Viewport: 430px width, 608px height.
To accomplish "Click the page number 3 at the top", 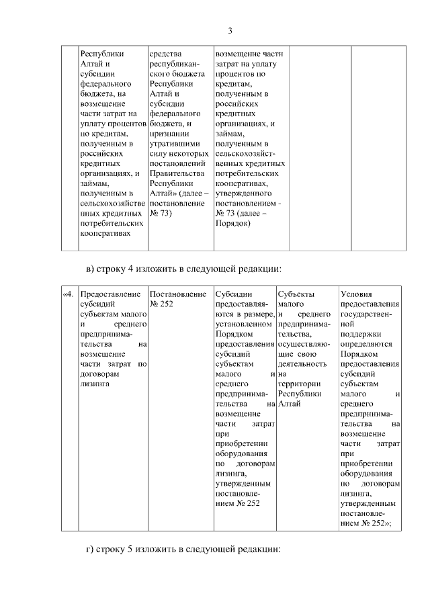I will point(230,30).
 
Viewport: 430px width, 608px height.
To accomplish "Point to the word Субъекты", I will point(296,294).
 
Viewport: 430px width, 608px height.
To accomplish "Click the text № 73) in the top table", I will point(161,213).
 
